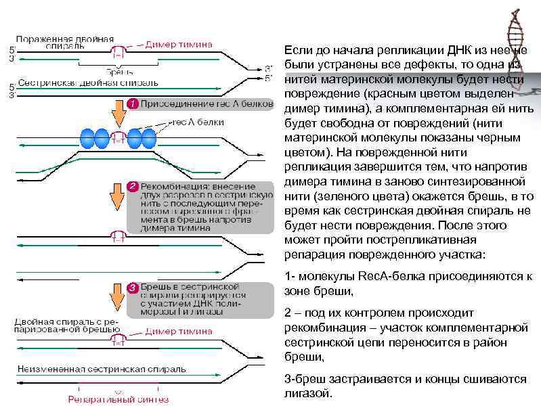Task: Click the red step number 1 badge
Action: pyautogui.click(x=133, y=104)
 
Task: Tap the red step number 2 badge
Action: pyautogui.click(x=133, y=185)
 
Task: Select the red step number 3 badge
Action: pyautogui.click(x=133, y=290)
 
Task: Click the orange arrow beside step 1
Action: pyautogui.click(x=118, y=114)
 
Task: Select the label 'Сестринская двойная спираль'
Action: pyautogui.click(x=87, y=83)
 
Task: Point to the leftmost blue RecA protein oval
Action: pyautogui.click(x=90, y=138)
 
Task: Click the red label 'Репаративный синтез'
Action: pyautogui.click(x=118, y=399)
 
